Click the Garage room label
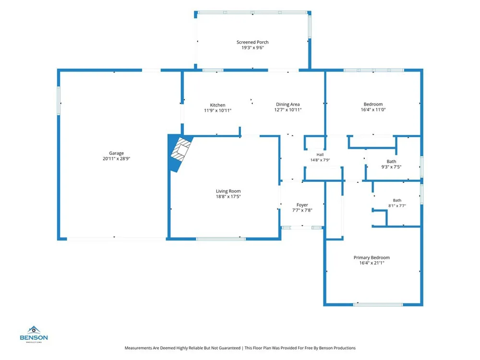click(116, 153)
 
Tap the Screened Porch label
click(252, 42)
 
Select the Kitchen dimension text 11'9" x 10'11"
click(217, 110)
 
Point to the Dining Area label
click(288, 104)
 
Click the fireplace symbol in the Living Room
click(180, 150)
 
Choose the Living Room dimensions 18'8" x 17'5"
click(228, 196)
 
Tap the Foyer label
click(302, 205)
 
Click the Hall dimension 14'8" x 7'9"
click(320, 160)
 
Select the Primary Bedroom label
click(372, 257)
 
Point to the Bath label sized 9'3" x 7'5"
click(391, 161)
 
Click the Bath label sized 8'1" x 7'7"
click(397, 200)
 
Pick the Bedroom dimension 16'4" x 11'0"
click(373, 109)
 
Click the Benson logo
click(34, 334)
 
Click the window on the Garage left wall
click(59, 101)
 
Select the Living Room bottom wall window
click(221, 239)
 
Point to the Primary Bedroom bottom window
click(378, 305)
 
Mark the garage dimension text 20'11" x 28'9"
click(116, 158)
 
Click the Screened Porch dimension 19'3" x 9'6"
click(252, 48)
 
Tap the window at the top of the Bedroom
click(374, 70)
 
